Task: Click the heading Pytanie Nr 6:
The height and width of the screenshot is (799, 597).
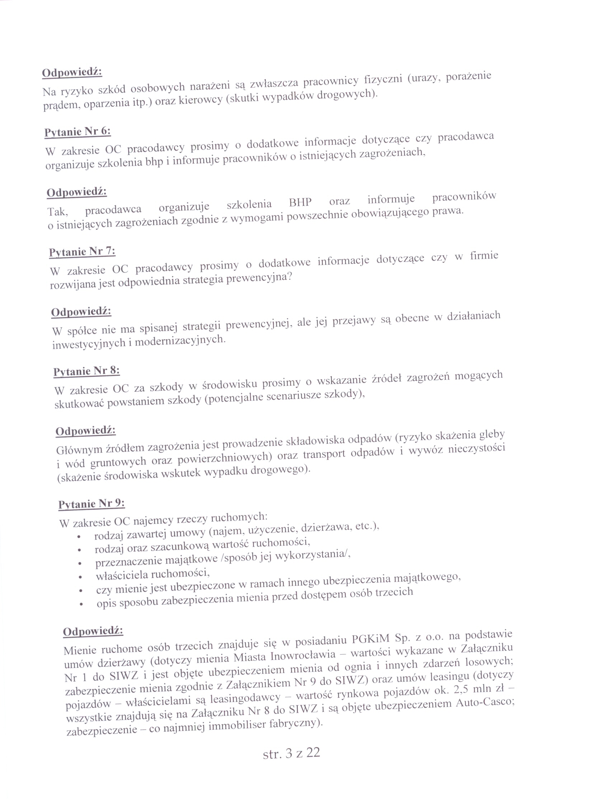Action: click(77, 131)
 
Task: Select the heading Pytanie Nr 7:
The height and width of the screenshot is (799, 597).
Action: click(82, 251)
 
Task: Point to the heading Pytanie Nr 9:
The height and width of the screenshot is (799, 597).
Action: click(91, 503)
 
